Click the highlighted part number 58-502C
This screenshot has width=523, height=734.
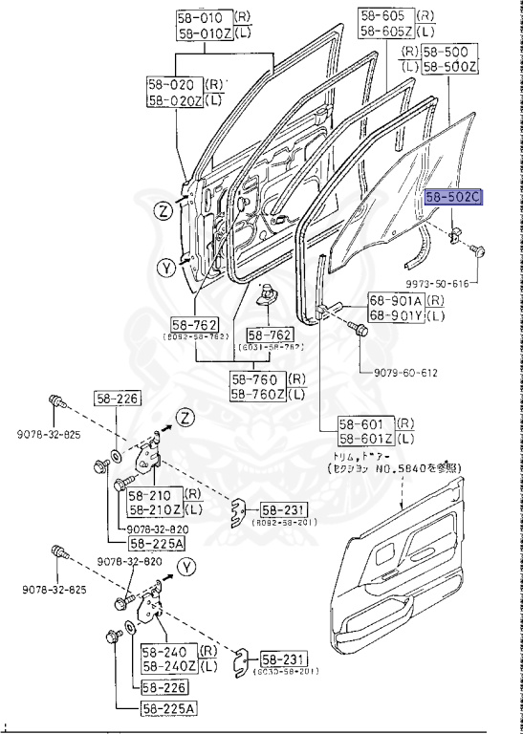[454, 198]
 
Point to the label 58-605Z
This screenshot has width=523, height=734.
[387, 32]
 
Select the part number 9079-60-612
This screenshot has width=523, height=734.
[400, 373]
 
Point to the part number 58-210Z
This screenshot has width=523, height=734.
[154, 508]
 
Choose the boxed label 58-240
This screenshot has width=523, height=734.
[163, 652]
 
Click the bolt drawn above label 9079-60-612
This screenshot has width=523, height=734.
[360, 331]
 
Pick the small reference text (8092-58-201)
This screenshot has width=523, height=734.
[283, 523]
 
